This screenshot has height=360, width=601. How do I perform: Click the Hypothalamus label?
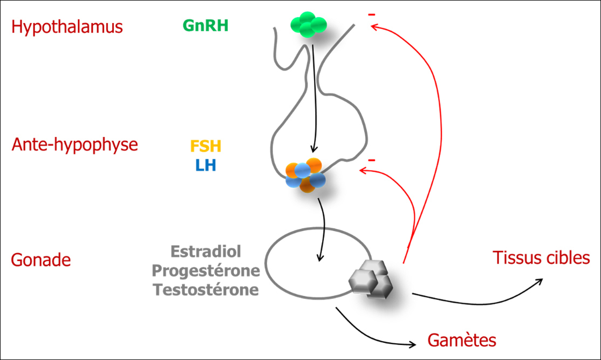click(67, 27)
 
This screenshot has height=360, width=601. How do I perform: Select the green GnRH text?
click(206, 25)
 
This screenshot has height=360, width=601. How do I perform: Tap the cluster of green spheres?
click(309, 25)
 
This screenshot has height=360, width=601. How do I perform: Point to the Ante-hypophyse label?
click(75, 145)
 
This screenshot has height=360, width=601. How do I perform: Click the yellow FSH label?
click(206, 146)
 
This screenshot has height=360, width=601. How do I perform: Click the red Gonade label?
click(41, 260)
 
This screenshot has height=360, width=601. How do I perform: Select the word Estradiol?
click(206, 252)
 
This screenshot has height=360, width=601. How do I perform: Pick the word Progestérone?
click(206, 270)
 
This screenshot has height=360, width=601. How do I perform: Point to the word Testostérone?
click(206, 290)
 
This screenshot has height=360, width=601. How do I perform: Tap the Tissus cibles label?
click(541, 258)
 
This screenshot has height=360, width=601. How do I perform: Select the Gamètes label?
click(462, 341)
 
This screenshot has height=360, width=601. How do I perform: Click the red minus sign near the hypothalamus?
click(371, 15)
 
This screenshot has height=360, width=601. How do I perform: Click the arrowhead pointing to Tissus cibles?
click(541, 282)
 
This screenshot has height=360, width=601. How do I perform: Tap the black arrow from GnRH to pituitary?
click(313, 97)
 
